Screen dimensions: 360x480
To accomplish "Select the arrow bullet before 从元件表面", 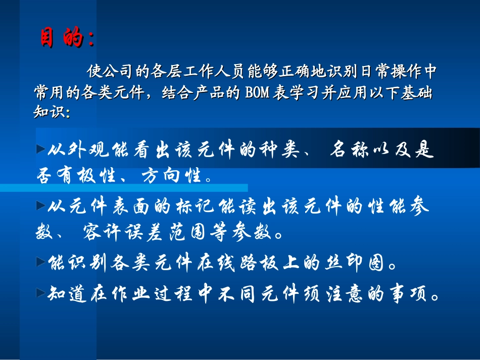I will pyautogui.click(x=40, y=204).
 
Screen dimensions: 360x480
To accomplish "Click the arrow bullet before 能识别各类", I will pyautogui.click(x=40, y=261).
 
